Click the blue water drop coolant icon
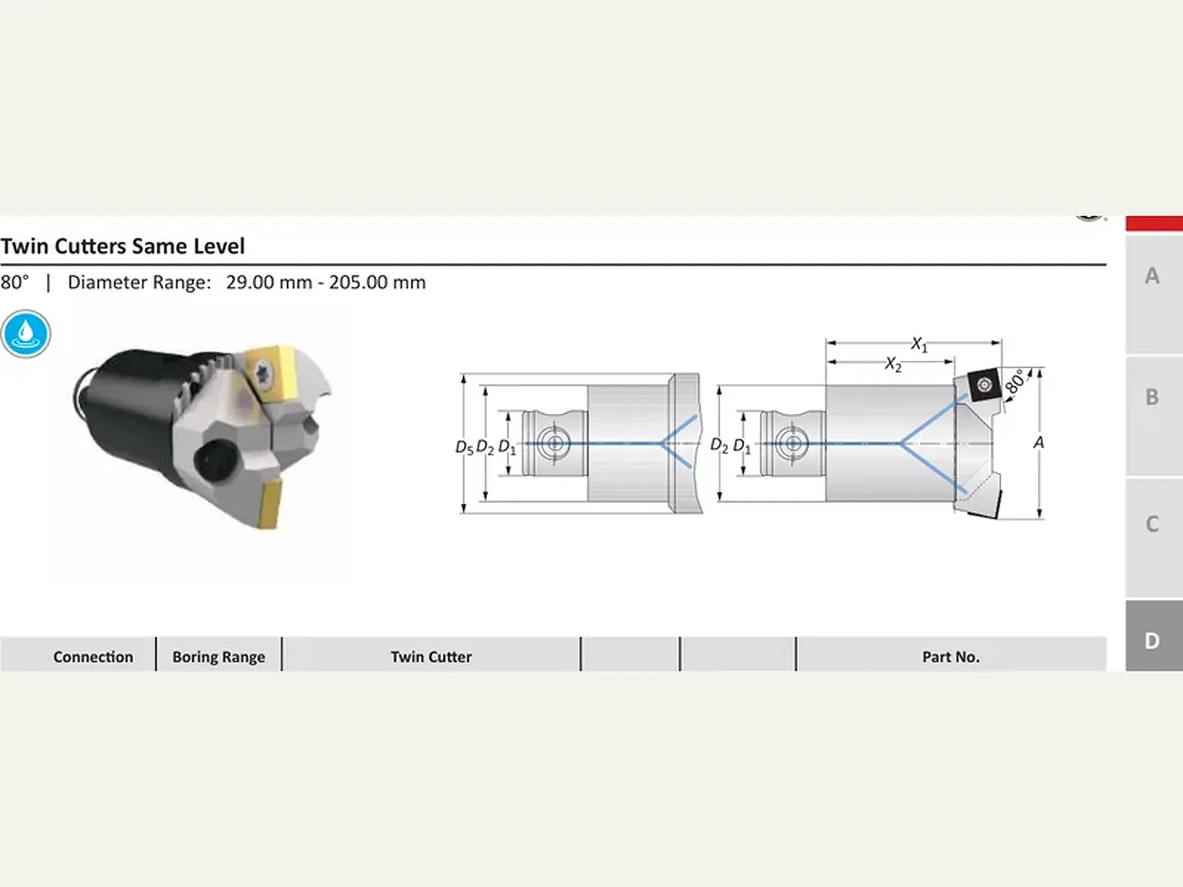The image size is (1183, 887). (x=25, y=334)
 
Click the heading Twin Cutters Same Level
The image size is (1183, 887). (x=123, y=247)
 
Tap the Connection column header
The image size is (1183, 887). (x=93, y=656)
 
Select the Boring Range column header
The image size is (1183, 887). (x=219, y=656)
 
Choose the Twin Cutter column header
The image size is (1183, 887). (x=431, y=656)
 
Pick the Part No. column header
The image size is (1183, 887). (x=951, y=656)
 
